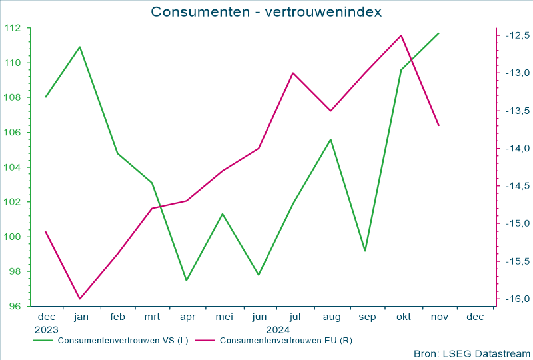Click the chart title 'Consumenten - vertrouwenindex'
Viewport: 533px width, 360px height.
coord(266,12)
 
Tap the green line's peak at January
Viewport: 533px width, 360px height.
coord(80,47)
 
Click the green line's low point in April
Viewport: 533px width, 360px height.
coord(187,280)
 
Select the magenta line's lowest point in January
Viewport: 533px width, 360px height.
coord(80,299)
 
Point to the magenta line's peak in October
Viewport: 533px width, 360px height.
coord(401,35)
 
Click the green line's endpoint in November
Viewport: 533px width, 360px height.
coord(438,33)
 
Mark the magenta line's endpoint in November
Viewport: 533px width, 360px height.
coord(438,125)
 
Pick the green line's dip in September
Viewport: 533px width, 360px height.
coord(365,251)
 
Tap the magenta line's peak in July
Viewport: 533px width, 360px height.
coord(293,73)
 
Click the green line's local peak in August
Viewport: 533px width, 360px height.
coord(330,139)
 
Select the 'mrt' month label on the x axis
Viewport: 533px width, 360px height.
coord(152,317)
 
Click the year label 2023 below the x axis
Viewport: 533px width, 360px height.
coord(47,329)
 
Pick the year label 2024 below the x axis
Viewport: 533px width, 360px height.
coord(277,329)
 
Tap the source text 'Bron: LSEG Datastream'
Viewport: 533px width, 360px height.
coord(472,353)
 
